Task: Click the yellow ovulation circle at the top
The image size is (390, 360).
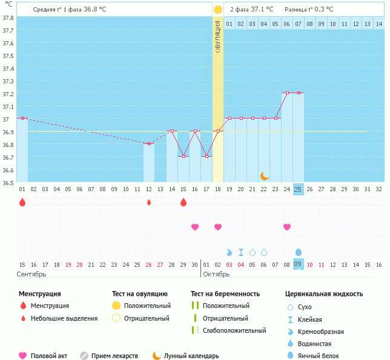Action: pyautogui.click(x=218, y=10)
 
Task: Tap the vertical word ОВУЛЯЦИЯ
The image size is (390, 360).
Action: pyautogui.click(x=218, y=36)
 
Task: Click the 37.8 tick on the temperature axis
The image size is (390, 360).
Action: pyautogui.click(x=8, y=18)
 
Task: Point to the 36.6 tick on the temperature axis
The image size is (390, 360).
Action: pyautogui.click(x=8, y=170)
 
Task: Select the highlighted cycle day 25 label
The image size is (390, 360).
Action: pyautogui.click(x=298, y=189)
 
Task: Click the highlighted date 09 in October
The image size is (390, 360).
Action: pyautogui.click(x=298, y=264)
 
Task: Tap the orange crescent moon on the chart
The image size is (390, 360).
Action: pyautogui.click(x=265, y=175)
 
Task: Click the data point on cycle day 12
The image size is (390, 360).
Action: pyautogui.click(x=149, y=143)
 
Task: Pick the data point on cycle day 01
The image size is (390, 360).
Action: pyautogui.click(x=22, y=118)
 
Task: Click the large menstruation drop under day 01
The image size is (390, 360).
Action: pyautogui.click(x=22, y=202)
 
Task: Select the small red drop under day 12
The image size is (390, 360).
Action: pyautogui.click(x=149, y=202)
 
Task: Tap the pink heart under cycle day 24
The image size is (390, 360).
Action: pyautogui.click(x=287, y=227)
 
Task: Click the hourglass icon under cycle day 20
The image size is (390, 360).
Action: pyautogui.click(x=241, y=252)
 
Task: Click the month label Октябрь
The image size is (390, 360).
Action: pyautogui.click(x=216, y=274)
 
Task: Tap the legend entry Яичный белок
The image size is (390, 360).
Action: pyautogui.click(x=319, y=356)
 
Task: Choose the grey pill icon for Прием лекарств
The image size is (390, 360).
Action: pyautogui.click(x=84, y=356)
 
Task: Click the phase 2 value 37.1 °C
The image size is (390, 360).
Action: pyautogui.click(x=262, y=9)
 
